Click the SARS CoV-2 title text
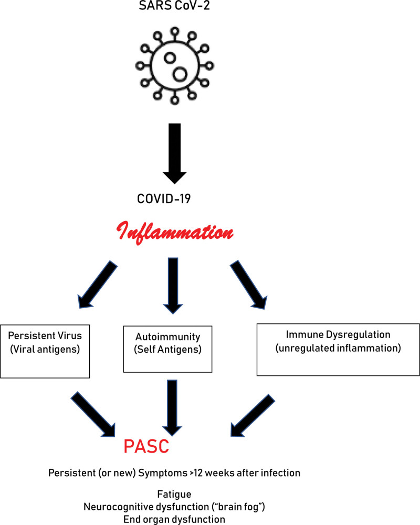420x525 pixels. [179, 8]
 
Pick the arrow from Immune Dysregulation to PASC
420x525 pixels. [252, 412]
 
